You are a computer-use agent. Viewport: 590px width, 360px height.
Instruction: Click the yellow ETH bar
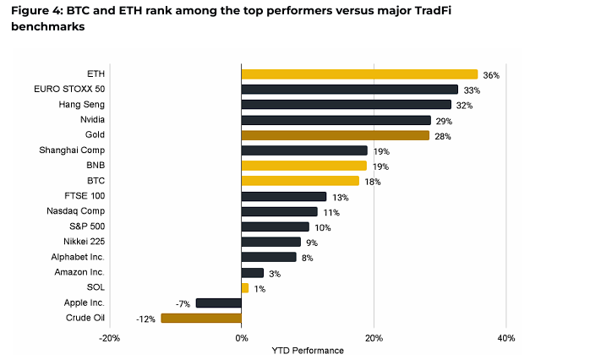coord(359,74)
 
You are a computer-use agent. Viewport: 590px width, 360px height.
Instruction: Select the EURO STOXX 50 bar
coord(350,90)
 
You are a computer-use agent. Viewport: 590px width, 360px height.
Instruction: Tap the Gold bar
coord(335,135)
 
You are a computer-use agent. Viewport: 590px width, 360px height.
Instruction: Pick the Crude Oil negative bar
coord(201,318)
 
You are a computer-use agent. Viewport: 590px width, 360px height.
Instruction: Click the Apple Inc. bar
coord(218,303)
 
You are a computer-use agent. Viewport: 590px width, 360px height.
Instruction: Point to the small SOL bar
coord(245,287)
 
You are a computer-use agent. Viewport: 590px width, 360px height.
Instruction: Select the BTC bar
coord(300,181)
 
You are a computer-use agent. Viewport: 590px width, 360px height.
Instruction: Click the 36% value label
coord(492,75)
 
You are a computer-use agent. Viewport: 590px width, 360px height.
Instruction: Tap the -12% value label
coord(145,319)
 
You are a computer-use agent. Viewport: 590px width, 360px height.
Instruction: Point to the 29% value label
coord(444,121)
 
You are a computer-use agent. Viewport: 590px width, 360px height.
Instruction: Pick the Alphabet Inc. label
coord(76,257)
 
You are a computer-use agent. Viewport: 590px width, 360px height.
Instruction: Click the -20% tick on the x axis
coord(109,338)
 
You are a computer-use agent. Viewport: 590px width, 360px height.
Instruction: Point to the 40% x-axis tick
coord(505,338)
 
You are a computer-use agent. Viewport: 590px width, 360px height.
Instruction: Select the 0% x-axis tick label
coord(241,338)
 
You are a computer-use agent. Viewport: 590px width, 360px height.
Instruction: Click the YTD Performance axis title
coord(308,350)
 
